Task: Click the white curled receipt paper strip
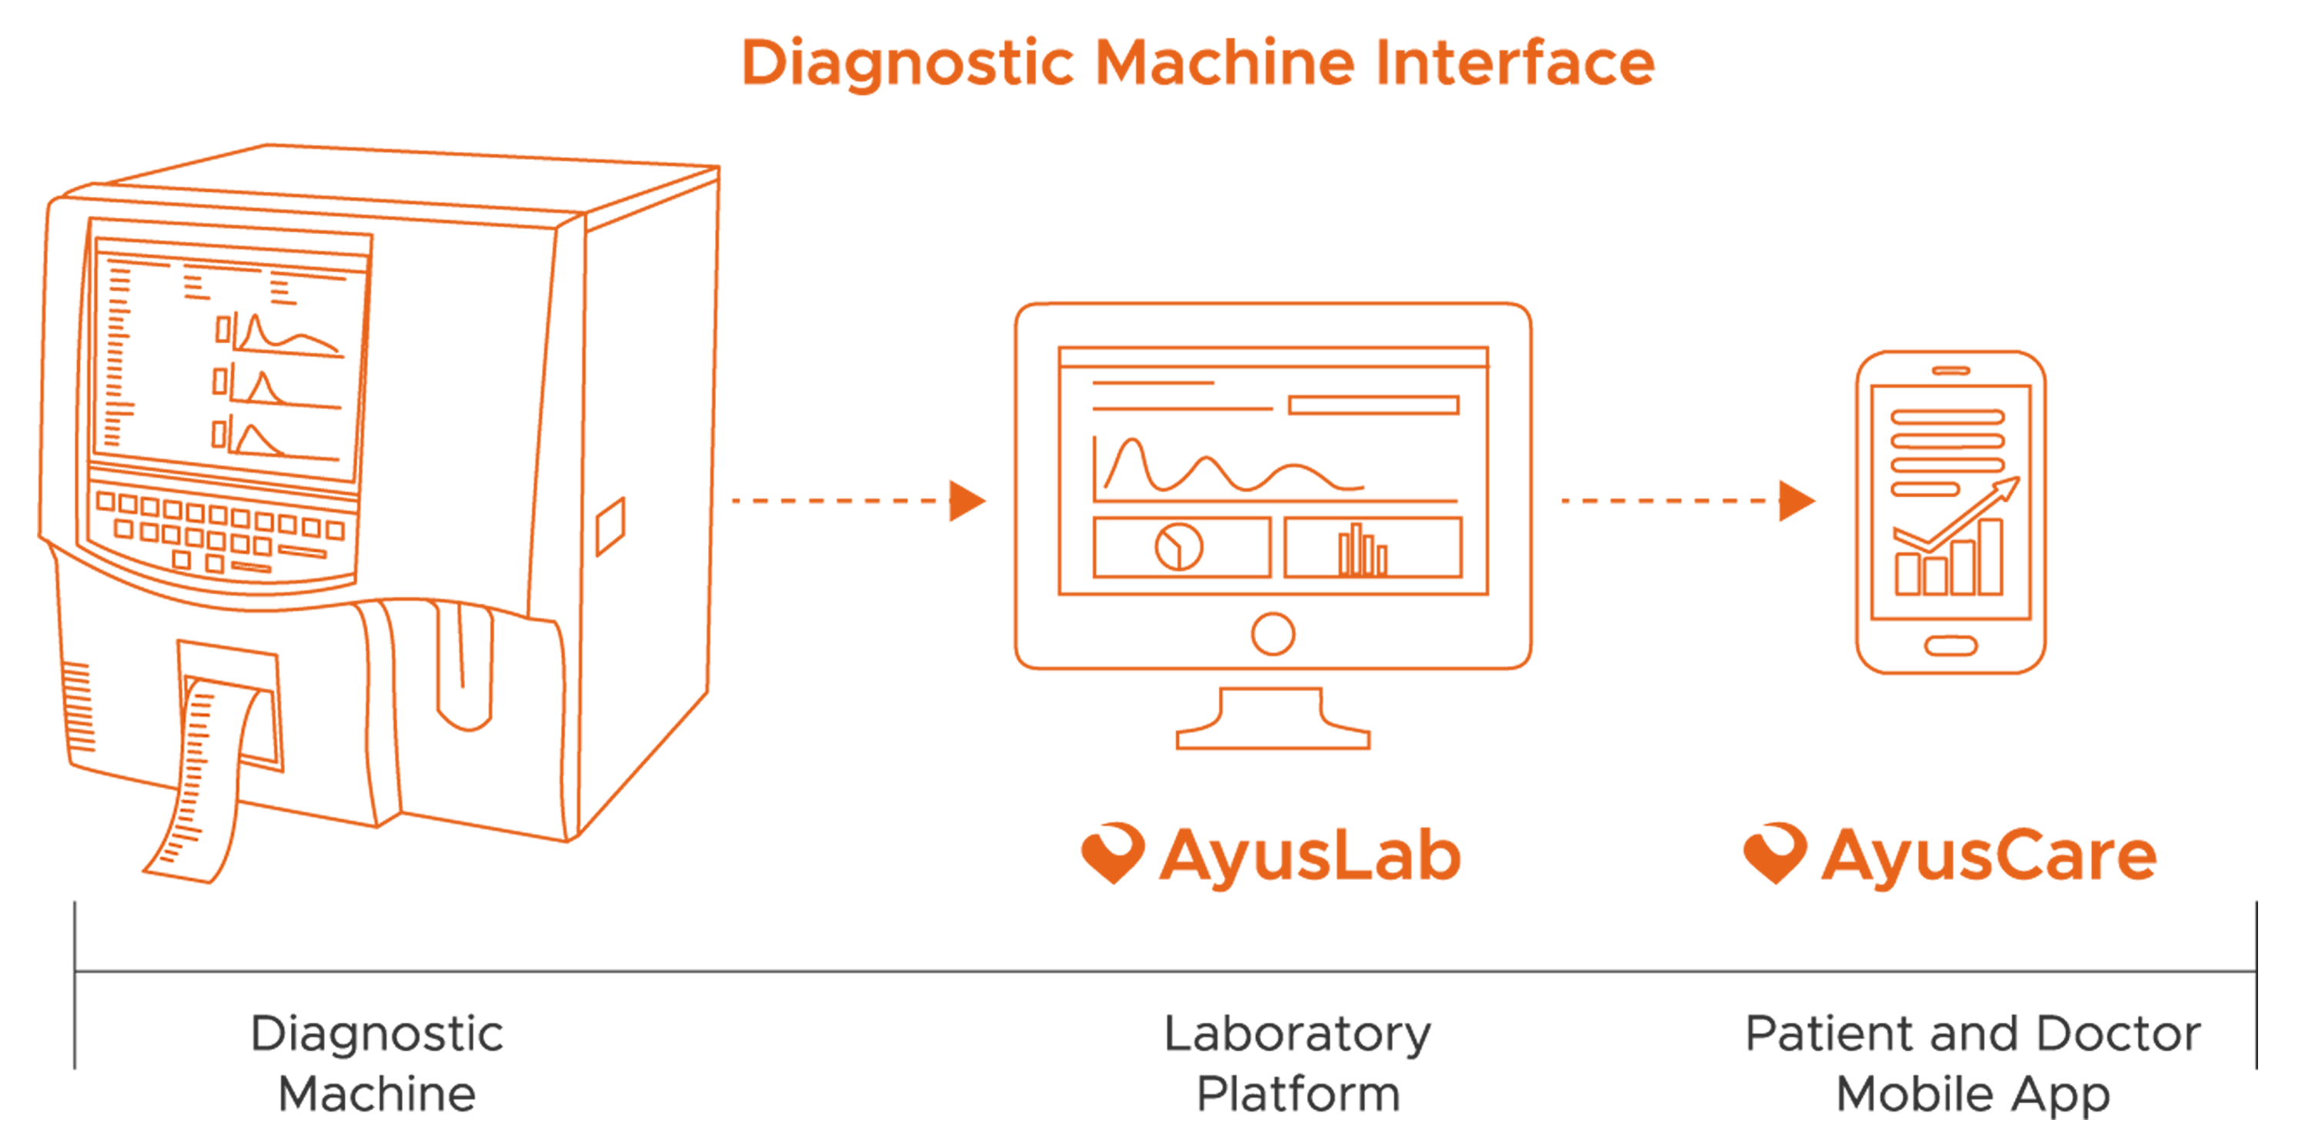pyautogui.click(x=206, y=771)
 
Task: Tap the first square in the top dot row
pyautogui.click(x=105, y=500)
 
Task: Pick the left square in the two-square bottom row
pyautogui.click(x=182, y=560)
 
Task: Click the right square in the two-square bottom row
pyautogui.click(x=216, y=563)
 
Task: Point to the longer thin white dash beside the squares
pyautogui.click(x=302, y=550)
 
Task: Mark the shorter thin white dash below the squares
pyautogui.click(x=252, y=567)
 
